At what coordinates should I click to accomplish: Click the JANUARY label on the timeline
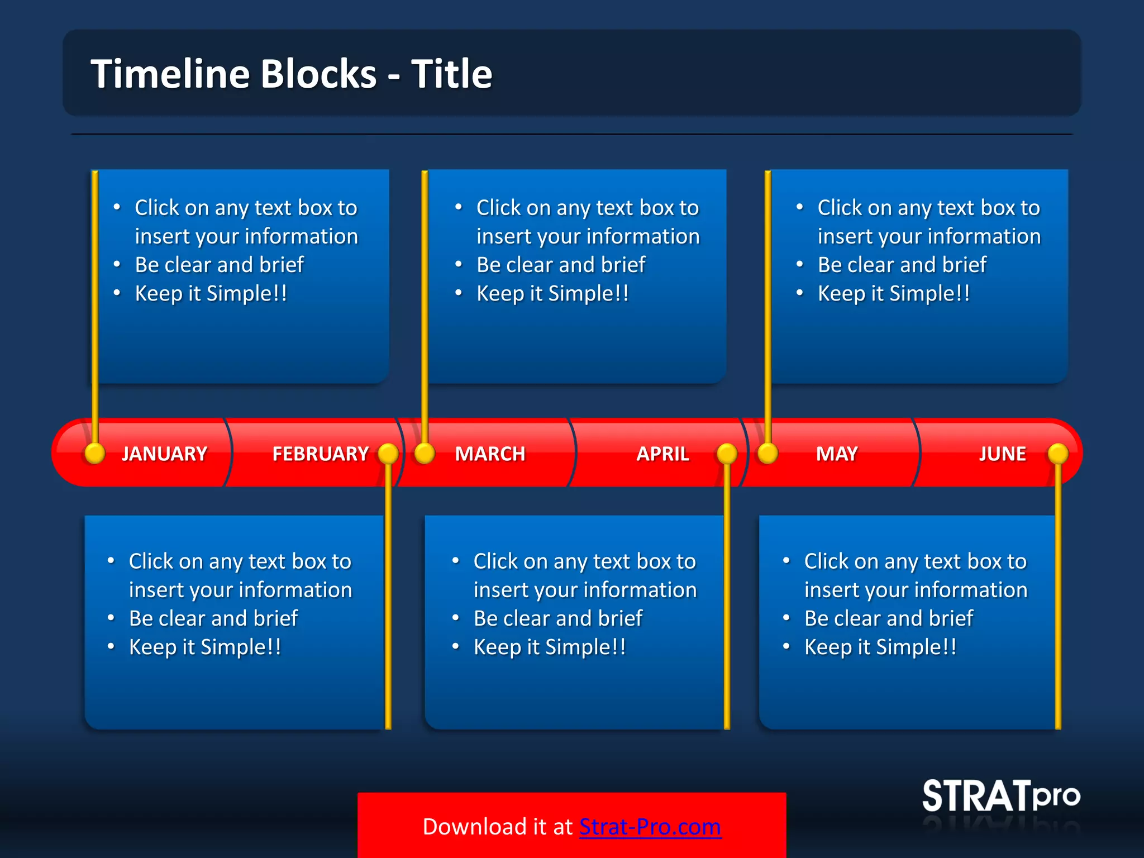click(164, 454)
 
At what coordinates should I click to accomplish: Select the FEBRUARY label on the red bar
click(320, 454)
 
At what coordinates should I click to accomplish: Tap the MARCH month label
click(490, 454)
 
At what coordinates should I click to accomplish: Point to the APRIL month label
click(662, 454)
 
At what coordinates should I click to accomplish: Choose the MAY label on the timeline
click(836, 454)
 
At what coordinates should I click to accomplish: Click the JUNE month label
click(1002, 454)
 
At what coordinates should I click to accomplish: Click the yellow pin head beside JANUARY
click(95, 453)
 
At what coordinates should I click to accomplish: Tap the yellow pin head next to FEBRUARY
click(388, 453)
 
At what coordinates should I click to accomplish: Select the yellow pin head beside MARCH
click(425, 453)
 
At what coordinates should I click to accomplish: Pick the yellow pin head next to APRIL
click(727, 453)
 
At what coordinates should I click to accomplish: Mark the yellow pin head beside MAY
click(768, 453)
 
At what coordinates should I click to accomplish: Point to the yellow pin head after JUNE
click(1058, 453)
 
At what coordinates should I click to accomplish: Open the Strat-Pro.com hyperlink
click(650, 827)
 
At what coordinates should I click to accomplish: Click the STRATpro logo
click(1000, 796)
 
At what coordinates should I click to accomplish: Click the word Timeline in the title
click(170, 74)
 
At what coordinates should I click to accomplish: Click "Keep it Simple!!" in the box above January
click(211, 293)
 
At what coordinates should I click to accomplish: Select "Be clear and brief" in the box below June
click(888, 618)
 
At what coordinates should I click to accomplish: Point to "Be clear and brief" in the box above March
click(561, 265)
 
